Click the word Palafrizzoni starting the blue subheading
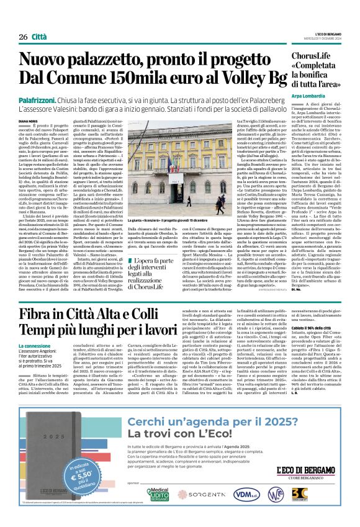[37, 101]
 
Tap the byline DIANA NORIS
[28, 122]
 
